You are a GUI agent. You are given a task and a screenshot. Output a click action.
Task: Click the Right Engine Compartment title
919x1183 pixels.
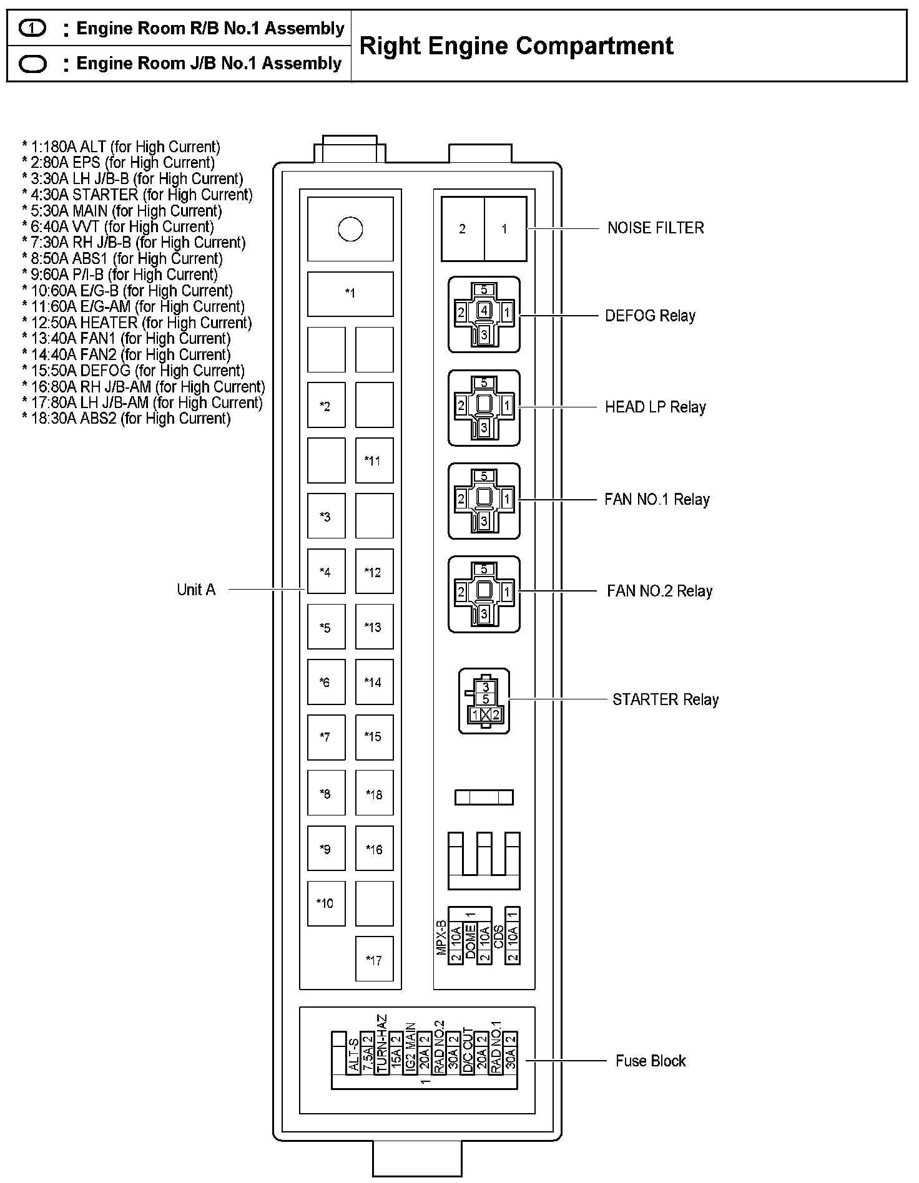coord(516,46)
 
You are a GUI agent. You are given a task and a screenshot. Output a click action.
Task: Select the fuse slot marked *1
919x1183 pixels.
coord(350,294)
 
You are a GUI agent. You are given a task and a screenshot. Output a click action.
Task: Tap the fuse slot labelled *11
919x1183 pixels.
coord(374,460)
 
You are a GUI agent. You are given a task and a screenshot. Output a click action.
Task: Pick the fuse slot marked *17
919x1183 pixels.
coord(374,960)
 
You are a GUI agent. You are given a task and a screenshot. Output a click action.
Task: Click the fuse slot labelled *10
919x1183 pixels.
coord(326,903)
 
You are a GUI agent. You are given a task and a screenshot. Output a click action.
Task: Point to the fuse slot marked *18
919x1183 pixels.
coord(374,794)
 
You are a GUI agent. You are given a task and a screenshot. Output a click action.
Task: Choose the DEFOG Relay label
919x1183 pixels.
coord(650,316)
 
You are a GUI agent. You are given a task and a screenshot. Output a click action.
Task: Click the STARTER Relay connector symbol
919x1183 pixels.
coord(484,701)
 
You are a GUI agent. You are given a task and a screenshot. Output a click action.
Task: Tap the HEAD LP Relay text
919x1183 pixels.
coord(655,407)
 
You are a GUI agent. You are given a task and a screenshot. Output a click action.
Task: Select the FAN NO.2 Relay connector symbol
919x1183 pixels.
coord(484,594)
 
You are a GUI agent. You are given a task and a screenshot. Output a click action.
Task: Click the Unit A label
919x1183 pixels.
coord(196,590)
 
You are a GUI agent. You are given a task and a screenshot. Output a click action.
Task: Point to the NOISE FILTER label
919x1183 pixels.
coord(656,228)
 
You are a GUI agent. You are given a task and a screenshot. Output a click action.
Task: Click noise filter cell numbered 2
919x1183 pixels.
coord(463,229)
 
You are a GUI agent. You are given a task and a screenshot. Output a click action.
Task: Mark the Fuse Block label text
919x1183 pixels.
coord(651,1061)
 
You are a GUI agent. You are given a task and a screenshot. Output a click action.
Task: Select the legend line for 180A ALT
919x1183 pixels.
coord(121,147)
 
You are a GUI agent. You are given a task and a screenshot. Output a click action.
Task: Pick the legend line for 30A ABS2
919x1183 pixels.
coord(126,419)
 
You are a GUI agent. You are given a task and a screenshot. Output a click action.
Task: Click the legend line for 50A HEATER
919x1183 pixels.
coord(137,323)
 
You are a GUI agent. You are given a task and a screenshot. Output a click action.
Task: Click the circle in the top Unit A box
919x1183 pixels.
coord(350,229)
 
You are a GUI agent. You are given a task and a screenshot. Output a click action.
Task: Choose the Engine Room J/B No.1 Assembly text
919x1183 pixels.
coord(209,64)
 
